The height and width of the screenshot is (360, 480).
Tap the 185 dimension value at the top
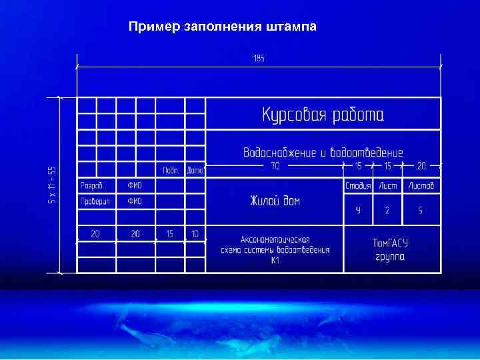click(x=259, y=59)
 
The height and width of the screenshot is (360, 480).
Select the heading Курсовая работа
click(x=323, y=115)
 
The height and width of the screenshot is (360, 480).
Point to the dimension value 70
click(x=275, y=166)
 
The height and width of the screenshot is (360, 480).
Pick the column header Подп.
click(x=171, y=170)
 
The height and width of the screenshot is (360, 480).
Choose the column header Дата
click(x=195, y=170)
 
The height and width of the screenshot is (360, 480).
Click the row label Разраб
click(x=91, y=185)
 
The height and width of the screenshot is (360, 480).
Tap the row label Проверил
click(x=95, y=201)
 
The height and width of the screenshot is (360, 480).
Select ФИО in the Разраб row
click(x=135, y=185)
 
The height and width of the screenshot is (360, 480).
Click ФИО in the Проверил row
click(x=135, y=201)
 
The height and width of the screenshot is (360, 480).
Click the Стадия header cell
click(x=358, y=185)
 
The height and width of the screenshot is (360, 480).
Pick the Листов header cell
click(x=421, y=185)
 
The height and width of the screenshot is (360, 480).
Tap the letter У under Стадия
click(x=358, y=211)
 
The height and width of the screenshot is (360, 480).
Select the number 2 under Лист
click(x=387, y=211)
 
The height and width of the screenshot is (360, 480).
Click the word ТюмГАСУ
click(x=391, y=244)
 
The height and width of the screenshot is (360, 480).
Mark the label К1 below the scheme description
click(x=275, y=261)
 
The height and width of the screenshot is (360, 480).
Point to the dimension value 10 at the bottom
click(x=195, y=233)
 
